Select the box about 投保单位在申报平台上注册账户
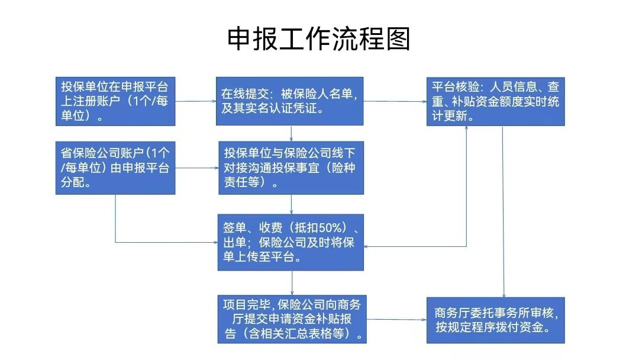[x=115, y=101]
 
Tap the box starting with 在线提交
[x=289, y=101]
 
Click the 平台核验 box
[x=495, y=101]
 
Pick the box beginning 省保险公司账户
[x=115, y=168]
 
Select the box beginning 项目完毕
[x=292, y=319]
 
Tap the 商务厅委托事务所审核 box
[x=495, y=320]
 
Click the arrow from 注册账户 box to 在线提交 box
[x=195, y=101]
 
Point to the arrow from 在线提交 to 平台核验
[x=395, y=101]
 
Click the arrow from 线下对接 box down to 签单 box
[x=292, y=204]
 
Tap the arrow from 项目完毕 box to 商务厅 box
[x=395, y=320]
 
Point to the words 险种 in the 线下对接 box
[x=345, y=168]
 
